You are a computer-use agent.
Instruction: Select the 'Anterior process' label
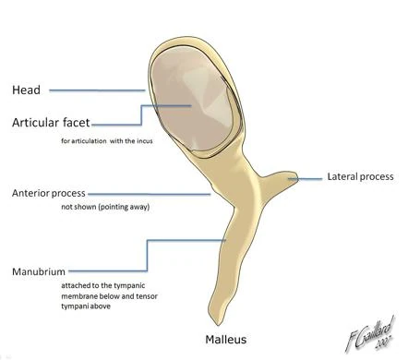(x=48, y=193)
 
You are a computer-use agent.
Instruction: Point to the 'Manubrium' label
(x=37, y=274)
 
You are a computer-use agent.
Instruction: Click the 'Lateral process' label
(x=361, y=175)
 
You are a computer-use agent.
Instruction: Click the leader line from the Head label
(x=97, y=90)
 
